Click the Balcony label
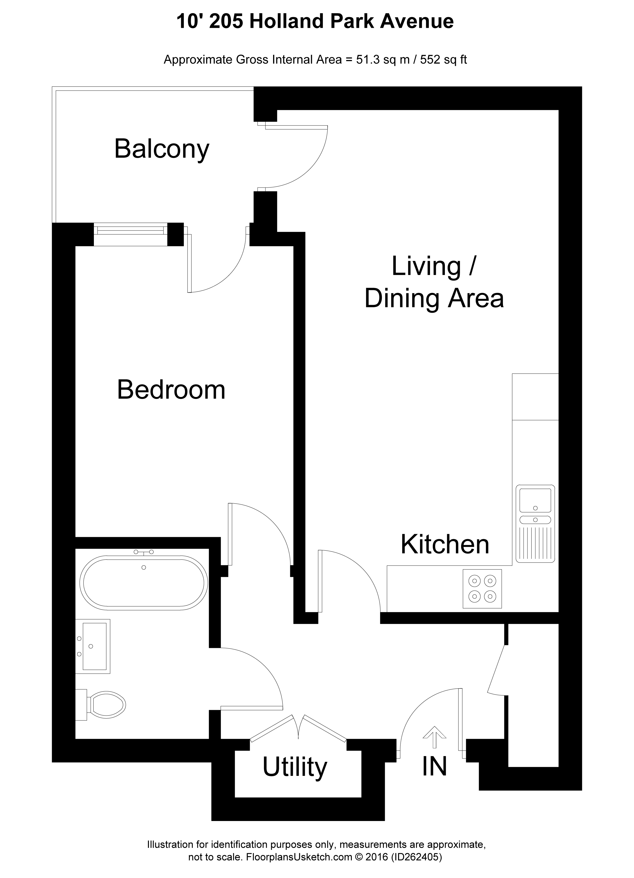tap(162, 149)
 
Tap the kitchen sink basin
tap(535, 500)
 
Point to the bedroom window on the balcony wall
tap(130, 234)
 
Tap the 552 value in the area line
tap(428, 60)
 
